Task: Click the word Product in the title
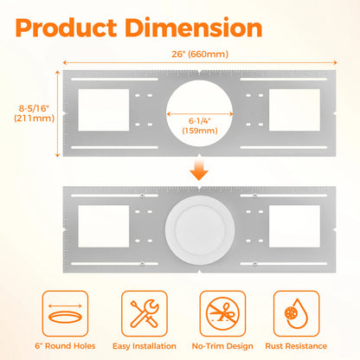(66, 28)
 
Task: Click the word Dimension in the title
(194, 28)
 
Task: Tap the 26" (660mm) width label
(200, 54)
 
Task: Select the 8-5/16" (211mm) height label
(35, 113)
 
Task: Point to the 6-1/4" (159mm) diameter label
(200, 125)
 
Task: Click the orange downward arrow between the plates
(199, 170)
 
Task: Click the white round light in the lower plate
(200, 230)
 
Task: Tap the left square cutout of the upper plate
(104, 110)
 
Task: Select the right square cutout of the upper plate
(294, 110)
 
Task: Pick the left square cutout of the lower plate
(104, 226)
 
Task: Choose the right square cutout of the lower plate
(294, 226)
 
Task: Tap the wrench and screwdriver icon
(145, 313)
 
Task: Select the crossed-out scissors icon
(222, 313)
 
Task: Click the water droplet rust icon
(296, 313)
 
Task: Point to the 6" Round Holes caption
(65, 346)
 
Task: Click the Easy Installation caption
(145, 346)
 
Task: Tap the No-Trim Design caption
(222, 346)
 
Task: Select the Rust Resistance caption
(296, 346)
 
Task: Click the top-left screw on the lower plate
(142, 196)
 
